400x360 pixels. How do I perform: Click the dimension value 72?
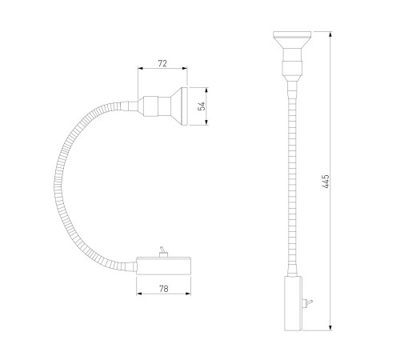coord(162,63)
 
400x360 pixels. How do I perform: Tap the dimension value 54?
coord(202,106)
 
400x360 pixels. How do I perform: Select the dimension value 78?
coord(164,289)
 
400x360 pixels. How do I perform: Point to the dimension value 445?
coord(326,182)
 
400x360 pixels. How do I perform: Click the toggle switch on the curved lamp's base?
coord(162,252)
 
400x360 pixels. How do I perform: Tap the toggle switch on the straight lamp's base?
coord(307,303)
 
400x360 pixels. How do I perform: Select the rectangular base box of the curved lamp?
coord(164,266)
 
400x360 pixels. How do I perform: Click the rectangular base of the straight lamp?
coord(293,303)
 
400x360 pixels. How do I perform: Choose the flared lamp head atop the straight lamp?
coord(292,39)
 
